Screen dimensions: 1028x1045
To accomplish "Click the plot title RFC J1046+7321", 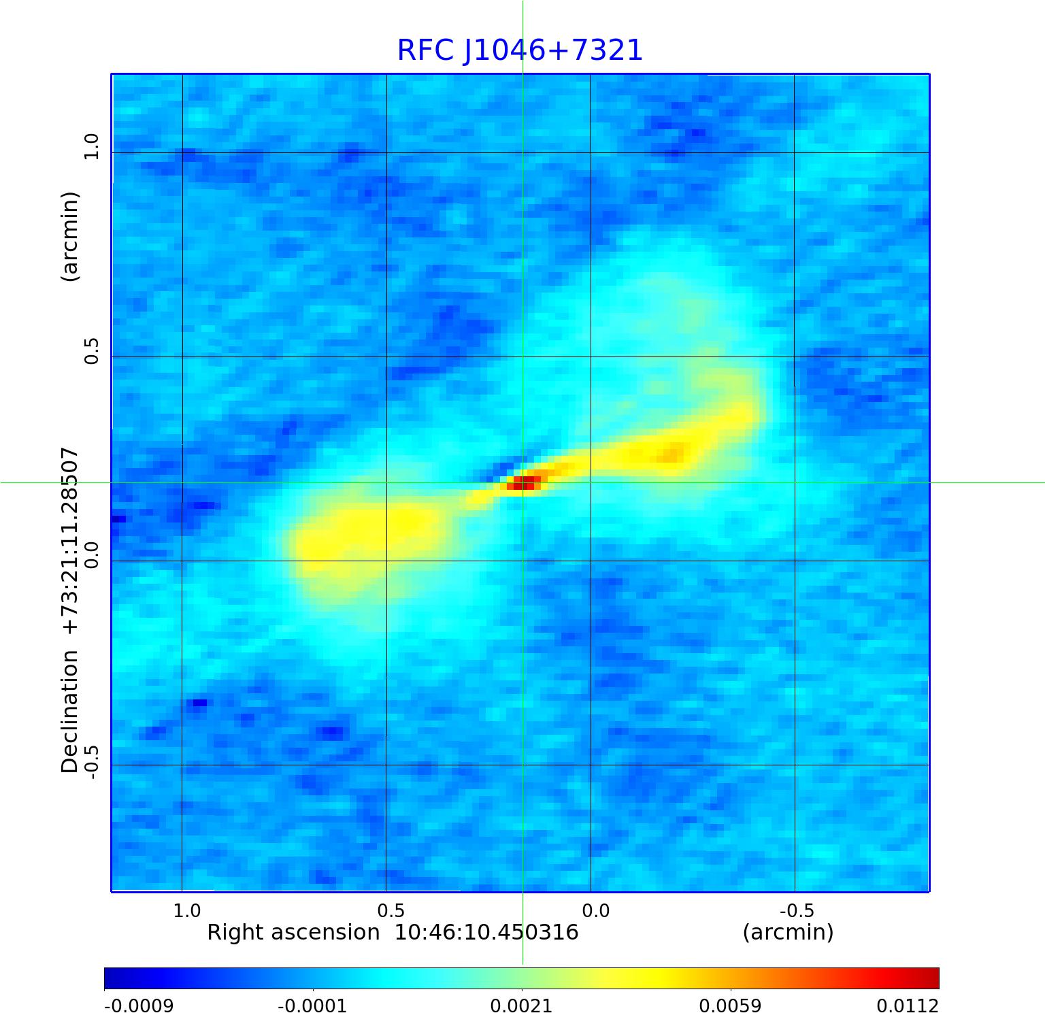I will point(520,50).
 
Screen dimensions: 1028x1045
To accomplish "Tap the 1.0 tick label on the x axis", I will point(187,910).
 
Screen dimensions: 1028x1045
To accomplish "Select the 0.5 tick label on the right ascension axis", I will point(391,910).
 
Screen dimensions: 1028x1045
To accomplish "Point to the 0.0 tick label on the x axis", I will point(595,910).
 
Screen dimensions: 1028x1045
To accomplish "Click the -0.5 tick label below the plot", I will point(797,910).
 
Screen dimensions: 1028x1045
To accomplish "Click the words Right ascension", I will point(293,932).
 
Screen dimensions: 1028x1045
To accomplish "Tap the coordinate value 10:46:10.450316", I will point(486,932).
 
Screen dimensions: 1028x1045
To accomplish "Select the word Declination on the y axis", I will point(70,712).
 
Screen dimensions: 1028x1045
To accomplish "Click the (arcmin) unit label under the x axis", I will point(788,932).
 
